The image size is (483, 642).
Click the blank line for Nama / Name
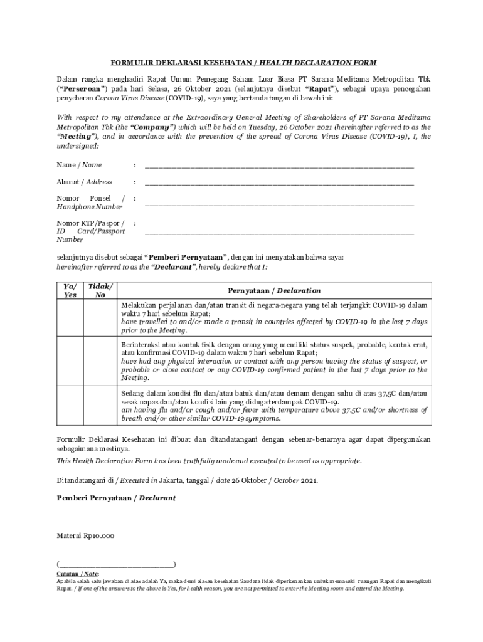(279, 167)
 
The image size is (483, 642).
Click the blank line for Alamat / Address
(279, 184)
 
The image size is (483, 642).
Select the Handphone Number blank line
(279, 204)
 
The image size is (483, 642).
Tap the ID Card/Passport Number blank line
(279, 233)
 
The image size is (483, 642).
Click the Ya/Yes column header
(70, 290)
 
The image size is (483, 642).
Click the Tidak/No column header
(100, 290)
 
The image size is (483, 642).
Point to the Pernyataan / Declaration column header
(273, 291)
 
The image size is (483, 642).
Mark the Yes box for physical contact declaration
(70, 361)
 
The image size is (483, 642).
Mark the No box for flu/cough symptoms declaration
(100, 406)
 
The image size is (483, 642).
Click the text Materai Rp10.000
(85, 536)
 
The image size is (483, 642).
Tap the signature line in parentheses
(116, 564)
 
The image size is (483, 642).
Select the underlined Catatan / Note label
(77, 574)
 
